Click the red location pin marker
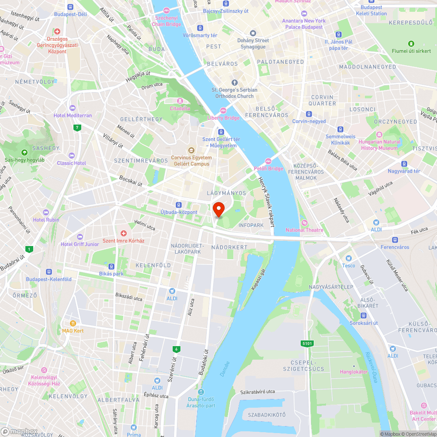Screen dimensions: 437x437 coord(218,209)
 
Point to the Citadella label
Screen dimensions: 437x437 coord(180,108)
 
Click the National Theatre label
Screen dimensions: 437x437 coord(305,230)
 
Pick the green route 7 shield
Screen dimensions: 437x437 coord(77,128)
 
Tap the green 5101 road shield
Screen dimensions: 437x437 coord(307,343)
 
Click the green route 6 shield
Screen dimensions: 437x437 coord(177,349)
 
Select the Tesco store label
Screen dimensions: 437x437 coord(348,265)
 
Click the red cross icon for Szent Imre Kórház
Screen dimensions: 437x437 coord(124,234)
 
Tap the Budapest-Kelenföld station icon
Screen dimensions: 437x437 coord(49,272)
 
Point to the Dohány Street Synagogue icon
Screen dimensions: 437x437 coord(253,34)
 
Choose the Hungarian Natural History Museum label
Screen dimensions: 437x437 coord(379,145)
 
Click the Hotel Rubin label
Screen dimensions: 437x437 coord(46,220)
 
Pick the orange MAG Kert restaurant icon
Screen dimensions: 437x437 coord(73,323)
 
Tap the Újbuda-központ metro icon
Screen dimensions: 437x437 coord(178,205)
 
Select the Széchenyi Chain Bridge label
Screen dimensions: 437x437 coord(166,21)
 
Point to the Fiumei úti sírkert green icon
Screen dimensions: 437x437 coord(411,44)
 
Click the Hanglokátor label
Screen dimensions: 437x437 coord(354,371)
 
